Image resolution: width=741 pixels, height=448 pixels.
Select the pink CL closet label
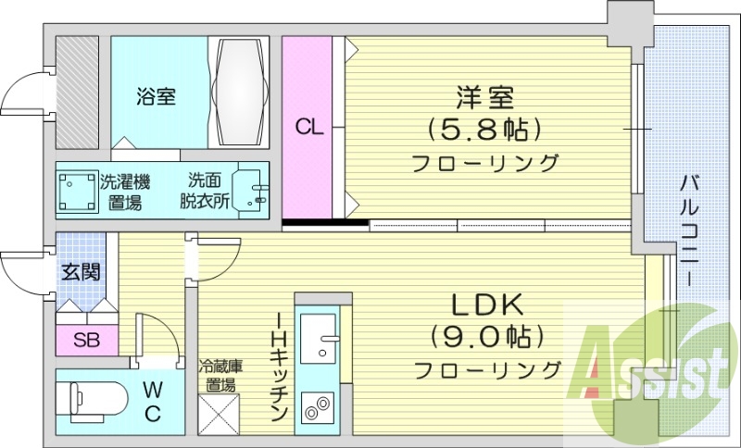(x=310, y=128)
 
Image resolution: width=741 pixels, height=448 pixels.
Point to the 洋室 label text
(x=485, y=95)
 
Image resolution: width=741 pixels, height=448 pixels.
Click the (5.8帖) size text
(x=485, y=127)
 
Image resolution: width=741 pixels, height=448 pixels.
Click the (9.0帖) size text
(x=487, y=336)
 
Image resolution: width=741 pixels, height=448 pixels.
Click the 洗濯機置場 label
(x=124, y=191)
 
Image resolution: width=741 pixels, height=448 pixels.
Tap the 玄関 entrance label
(x=81, y=272)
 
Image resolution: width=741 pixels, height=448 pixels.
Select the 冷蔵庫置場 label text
(x=220, y=374)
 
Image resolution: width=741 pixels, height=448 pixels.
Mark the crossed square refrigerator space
(x=220, y=413)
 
